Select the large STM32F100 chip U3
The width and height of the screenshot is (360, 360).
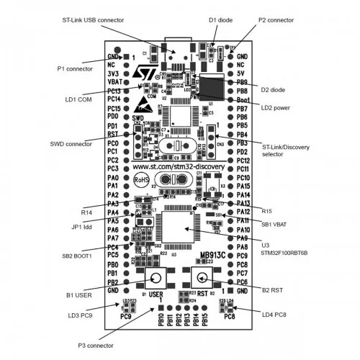click(179, 230)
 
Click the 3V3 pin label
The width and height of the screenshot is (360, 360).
click(113, 73)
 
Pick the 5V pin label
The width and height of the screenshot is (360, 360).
click(242, 73)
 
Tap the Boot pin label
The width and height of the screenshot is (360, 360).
click(243, 100)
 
